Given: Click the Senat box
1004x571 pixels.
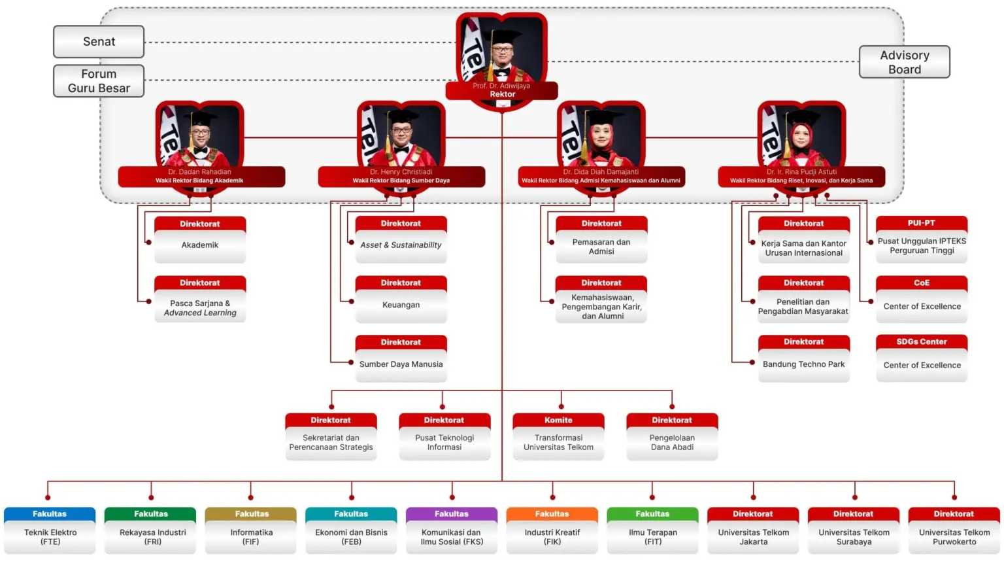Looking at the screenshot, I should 99,42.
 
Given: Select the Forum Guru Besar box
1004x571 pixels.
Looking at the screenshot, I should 99,81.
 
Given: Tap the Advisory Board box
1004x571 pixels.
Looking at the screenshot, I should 904,62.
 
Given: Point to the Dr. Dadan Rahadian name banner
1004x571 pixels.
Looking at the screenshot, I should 201,177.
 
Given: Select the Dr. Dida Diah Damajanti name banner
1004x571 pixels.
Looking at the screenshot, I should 601,177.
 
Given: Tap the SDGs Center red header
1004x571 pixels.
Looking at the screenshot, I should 922,342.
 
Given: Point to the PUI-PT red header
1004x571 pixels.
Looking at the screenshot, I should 922,223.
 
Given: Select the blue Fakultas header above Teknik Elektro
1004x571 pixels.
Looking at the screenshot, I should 50,514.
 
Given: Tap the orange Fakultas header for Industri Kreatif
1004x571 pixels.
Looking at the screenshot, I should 552,514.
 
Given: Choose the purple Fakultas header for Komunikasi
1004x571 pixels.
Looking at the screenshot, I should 452,514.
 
